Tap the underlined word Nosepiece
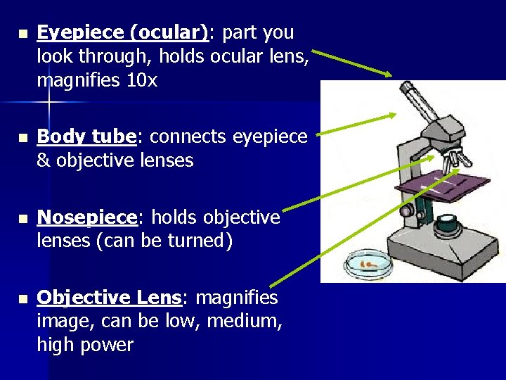coord(86,217)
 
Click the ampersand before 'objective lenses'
coord(44,160)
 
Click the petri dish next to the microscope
coord(366,265)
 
